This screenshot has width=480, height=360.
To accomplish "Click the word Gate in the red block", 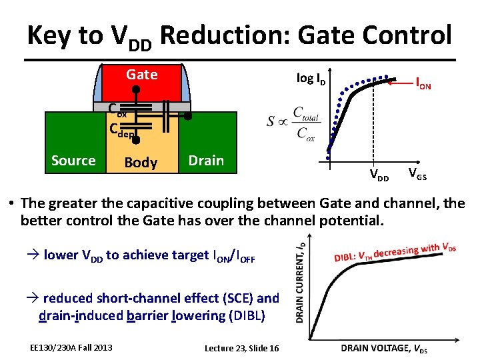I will pos(142,74).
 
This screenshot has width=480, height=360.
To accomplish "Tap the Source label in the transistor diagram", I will pos(73,161).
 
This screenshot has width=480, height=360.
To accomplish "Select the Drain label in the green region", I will pos(206,161).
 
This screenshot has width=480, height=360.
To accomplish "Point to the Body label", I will pos(141,163).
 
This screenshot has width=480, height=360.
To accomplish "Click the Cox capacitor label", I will pos(118,109).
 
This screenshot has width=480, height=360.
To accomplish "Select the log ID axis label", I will pos(311,79).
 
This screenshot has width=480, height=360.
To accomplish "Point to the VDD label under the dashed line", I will pos(380,177).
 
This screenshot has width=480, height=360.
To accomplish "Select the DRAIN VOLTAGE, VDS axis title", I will pos(385,349).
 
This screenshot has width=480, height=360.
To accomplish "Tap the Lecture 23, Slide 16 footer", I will pos(241,349).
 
